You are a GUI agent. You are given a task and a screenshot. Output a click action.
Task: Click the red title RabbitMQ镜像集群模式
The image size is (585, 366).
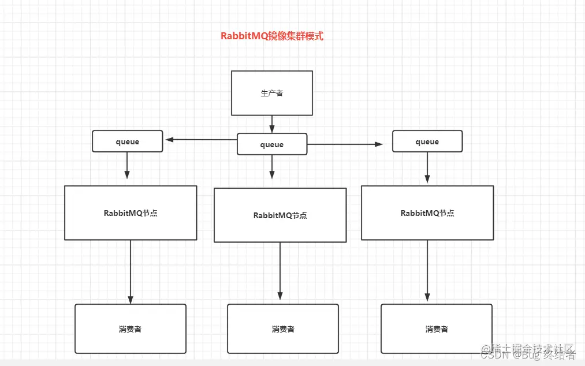272,36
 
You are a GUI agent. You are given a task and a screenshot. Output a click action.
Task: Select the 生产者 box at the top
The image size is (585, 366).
272,93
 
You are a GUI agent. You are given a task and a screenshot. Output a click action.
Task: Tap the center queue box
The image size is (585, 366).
272,144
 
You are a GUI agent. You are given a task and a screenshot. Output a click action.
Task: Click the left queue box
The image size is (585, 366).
128,141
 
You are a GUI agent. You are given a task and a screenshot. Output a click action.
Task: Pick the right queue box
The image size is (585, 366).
427,141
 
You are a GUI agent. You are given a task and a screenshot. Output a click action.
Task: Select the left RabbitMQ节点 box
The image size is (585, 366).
131,212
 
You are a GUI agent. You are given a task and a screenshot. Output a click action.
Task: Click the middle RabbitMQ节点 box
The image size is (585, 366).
280,215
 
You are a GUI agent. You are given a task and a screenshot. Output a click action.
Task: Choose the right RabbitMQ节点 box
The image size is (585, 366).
427,212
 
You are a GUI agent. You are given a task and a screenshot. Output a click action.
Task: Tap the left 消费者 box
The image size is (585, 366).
131,328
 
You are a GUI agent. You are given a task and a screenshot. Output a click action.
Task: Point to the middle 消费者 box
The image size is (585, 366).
283,328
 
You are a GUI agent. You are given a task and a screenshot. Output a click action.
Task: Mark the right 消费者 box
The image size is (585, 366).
437,328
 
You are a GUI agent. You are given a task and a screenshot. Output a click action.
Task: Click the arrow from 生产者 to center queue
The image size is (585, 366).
272,124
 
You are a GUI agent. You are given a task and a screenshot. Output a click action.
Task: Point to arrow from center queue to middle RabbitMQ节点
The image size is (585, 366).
272,167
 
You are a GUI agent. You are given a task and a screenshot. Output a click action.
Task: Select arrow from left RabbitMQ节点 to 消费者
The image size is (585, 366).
131,271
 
